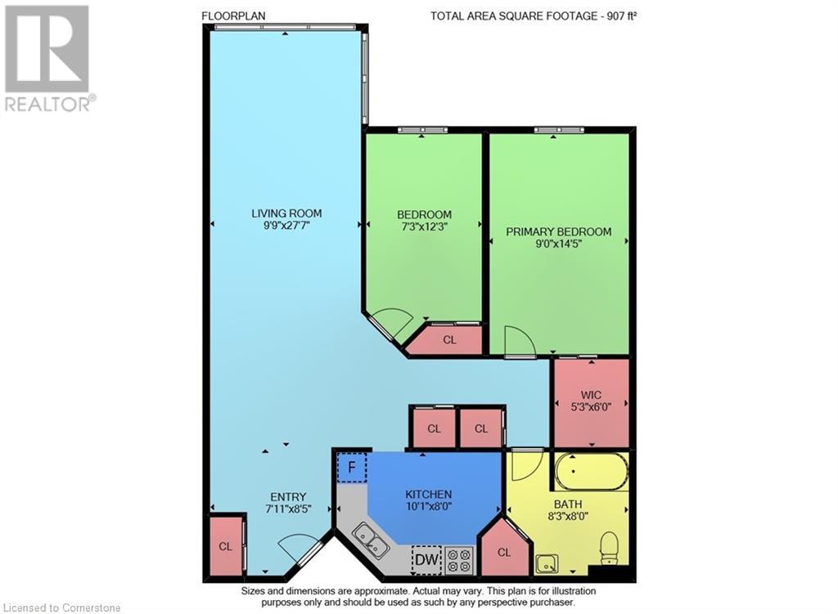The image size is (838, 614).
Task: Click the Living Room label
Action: (x=286, y=213)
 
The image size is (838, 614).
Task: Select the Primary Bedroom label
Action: (x=558, y=231)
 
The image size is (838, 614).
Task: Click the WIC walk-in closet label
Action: (x=592, y=391)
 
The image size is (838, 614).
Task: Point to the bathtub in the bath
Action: (x=590, y=472)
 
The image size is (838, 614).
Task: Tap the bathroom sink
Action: (x=546, y=562)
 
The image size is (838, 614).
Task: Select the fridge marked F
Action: (x=352, y=468)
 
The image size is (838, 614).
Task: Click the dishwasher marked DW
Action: (x=426, y=560)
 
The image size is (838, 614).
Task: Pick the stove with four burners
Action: (x=460, y=560)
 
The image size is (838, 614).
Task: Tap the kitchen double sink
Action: (x=371, y=540)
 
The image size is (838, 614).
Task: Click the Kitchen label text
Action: (x=428, y=494)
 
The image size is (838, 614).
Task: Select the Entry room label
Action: (x=288, y=496)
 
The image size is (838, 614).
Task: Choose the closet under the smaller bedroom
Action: (x=448, y=339)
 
